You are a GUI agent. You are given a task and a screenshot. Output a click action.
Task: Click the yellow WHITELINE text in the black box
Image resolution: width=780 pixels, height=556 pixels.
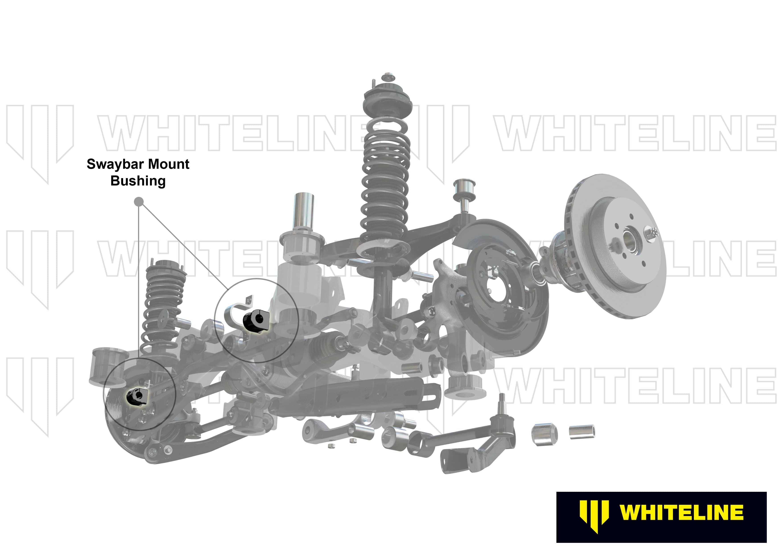[x=681, y=513]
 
